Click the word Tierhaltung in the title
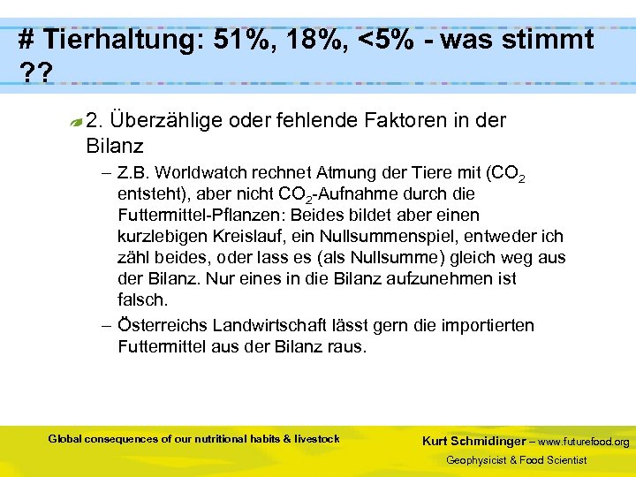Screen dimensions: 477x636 [119, 40]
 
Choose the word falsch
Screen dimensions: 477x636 [142, 299]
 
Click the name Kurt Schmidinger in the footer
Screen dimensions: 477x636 [473, 441]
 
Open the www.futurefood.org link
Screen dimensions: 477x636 [584, 441]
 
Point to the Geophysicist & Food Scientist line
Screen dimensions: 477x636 [516, 460]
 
